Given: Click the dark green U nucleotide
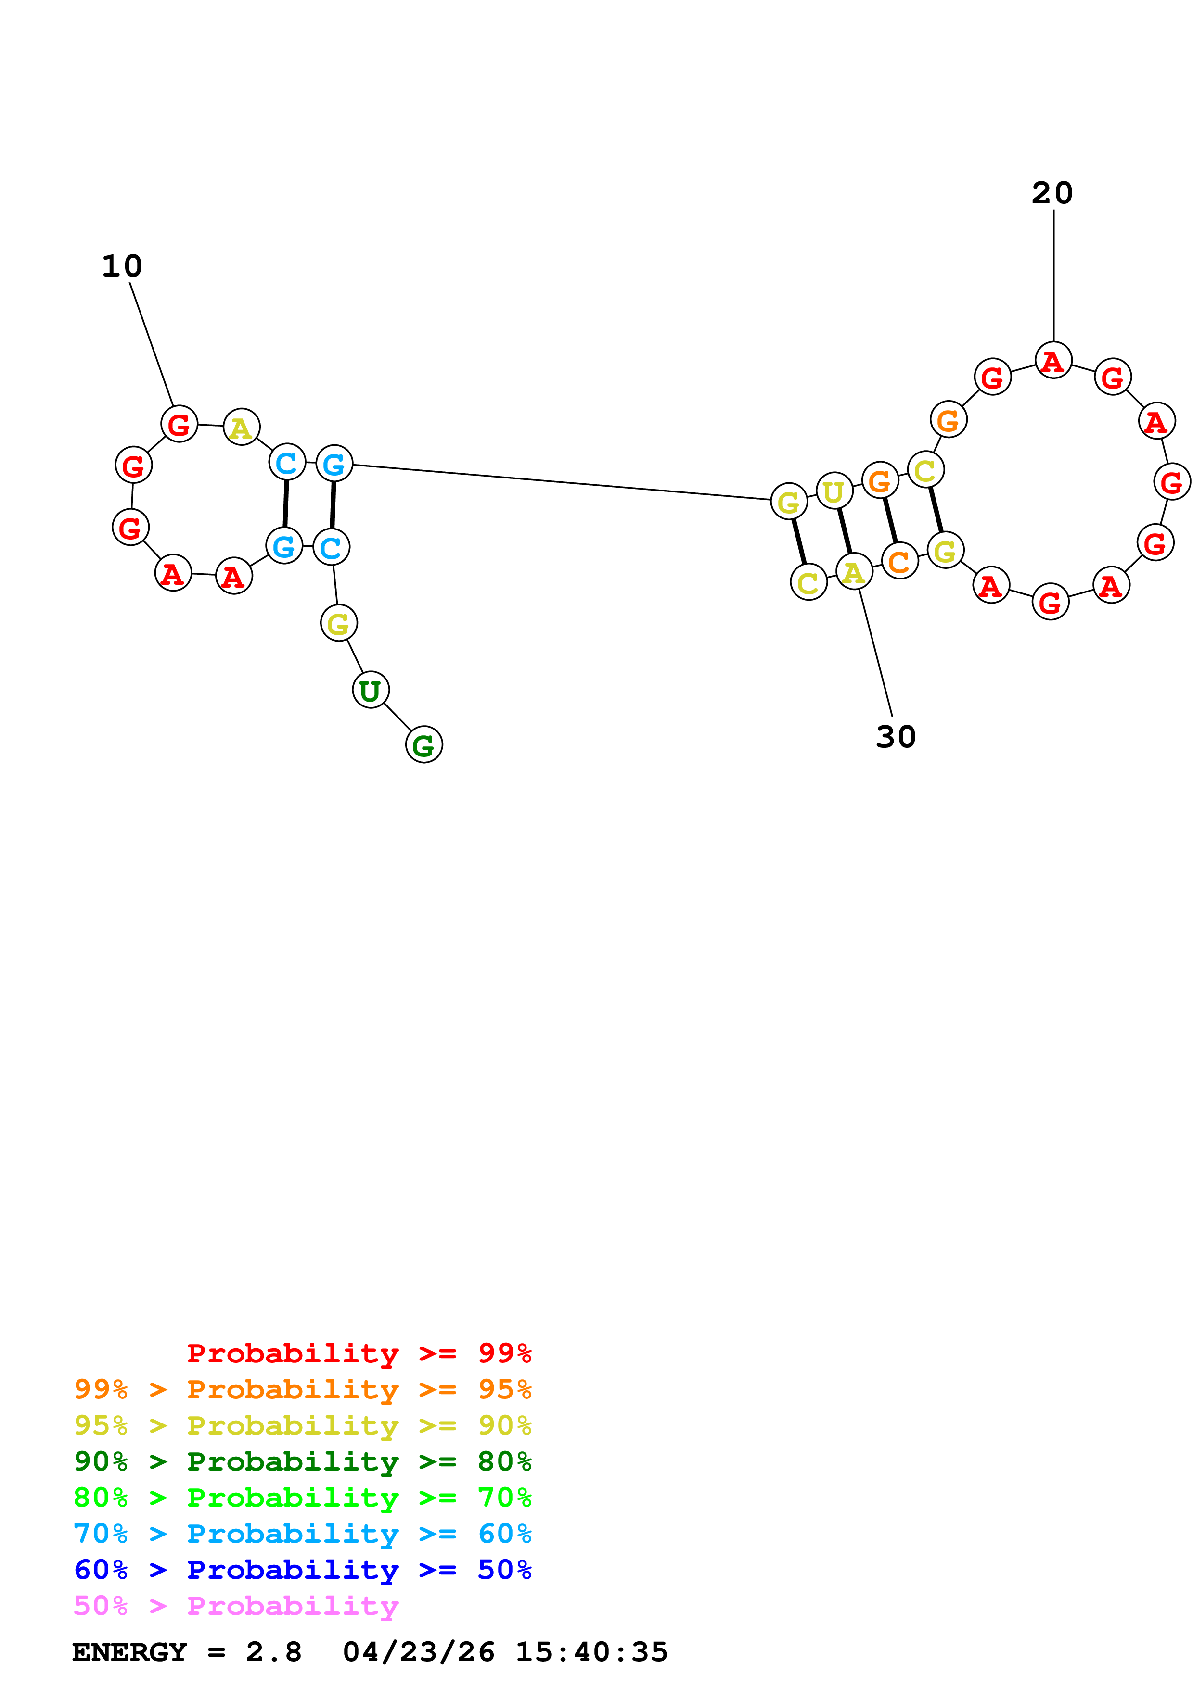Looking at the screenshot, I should click(x=371, y=690).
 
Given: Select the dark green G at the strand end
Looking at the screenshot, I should click(x=424, y=744).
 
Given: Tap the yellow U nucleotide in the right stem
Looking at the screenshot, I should click(x=834, y=491).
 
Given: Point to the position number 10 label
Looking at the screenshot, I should click(x=122, y=266).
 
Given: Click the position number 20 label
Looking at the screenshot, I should click(x=1052, y=193).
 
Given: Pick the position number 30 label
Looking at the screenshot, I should click(x=895, y=737).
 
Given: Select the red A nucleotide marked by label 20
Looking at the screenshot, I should click(x=1053, y=361).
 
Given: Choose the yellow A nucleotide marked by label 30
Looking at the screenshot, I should click(x=854, y=572).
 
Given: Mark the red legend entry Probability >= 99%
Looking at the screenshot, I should click(x=359, y=1353).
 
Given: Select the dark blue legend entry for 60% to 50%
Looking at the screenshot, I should click(x=302, y=1570).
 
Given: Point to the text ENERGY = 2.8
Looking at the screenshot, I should click(x=187, y=1652).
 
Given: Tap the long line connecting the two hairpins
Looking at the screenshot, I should click(x=562, y=482).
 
